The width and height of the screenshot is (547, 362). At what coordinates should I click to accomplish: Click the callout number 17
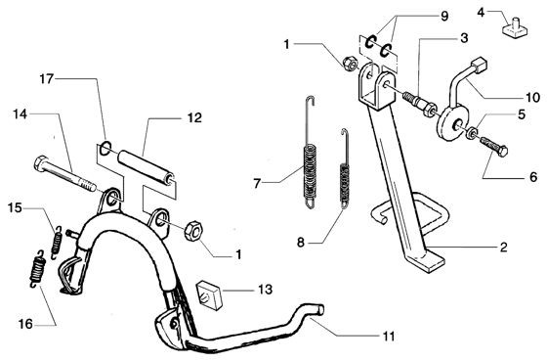pos(47,79)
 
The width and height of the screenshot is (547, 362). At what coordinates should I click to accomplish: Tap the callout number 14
pos(21,113)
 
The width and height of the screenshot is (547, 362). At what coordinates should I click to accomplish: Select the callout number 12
pos(194,117)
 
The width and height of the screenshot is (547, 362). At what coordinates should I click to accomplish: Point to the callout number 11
pos(389,337)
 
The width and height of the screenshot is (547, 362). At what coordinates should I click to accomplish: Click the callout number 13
pos(265,290)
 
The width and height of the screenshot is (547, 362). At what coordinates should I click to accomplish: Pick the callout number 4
pos(481,13)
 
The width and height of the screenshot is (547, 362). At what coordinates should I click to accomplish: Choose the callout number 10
pos(532,97)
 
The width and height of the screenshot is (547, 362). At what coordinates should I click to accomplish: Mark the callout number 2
pos(503,248)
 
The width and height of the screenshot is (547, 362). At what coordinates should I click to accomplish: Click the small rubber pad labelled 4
pos(515,28)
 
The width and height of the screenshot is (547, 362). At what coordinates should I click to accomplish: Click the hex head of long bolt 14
pos(40,162)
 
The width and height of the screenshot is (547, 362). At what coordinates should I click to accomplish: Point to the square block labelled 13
pos(209,295)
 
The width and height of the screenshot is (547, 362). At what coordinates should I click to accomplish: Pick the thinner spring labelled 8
pos(345,168)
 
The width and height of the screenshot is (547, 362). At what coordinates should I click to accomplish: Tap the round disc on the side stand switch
pos(450,124)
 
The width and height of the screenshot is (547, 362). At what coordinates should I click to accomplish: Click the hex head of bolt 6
pos(502,152)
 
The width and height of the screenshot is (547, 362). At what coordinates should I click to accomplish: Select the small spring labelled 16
pos(37,269)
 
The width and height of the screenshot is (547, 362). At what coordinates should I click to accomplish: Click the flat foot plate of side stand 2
pos(426,260)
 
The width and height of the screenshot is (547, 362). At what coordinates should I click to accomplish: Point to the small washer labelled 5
pos(473,133)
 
